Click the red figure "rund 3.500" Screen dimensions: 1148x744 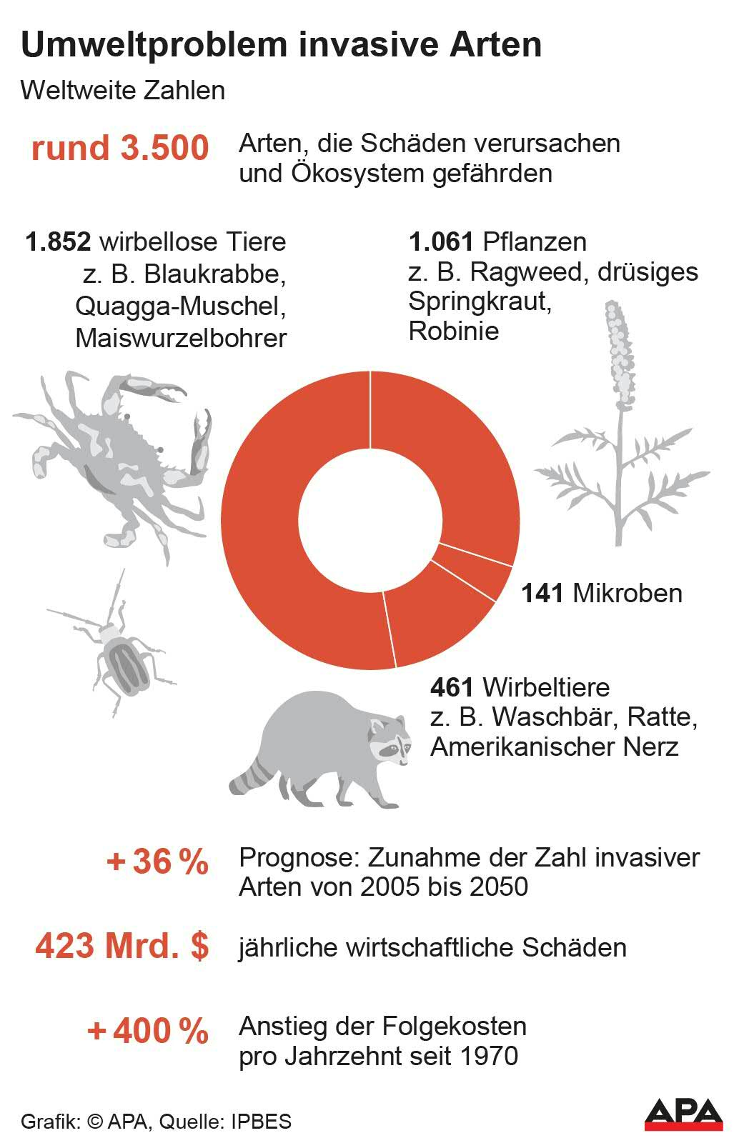click(120, 149)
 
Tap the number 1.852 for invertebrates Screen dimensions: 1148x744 click(58, 242)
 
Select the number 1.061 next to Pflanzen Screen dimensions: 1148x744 click(441, 242)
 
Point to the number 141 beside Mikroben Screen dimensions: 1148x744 click(542, 593)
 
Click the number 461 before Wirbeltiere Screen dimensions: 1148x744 click(452, 687)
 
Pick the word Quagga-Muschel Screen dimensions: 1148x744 click(181, 306)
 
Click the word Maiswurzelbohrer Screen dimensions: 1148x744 click(181, 337)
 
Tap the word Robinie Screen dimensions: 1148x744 click(454, 331)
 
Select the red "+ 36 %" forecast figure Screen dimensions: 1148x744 click(157, 862)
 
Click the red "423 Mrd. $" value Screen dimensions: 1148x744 click(122, 947)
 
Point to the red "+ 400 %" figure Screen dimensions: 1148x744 click(148, 1031)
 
